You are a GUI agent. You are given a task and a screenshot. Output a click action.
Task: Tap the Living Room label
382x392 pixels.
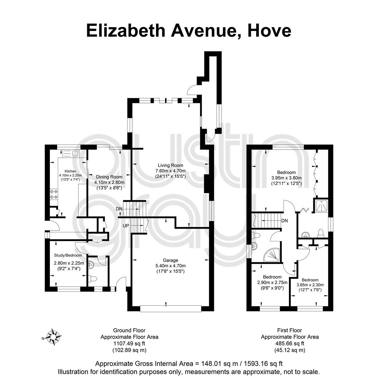click(170, 165)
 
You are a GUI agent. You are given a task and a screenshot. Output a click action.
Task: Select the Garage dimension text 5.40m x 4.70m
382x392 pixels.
click(170, 266)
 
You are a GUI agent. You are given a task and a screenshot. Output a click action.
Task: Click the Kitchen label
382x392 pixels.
click(71, 171)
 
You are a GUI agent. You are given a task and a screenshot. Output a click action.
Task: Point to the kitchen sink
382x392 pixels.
click(71, 153)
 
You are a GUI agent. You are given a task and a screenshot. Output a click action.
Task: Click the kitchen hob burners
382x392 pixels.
click(54, 194)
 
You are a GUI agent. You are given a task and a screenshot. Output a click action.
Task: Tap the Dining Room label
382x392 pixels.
click(109, 177)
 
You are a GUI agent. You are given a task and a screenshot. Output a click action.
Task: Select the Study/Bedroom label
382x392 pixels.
click(68, 255)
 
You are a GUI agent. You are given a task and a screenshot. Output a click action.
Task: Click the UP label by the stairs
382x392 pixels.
click(126, 226)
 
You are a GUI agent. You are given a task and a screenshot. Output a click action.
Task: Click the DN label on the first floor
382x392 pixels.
click(285, 221)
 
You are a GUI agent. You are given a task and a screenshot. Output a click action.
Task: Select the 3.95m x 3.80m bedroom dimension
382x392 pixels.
click(286, 178)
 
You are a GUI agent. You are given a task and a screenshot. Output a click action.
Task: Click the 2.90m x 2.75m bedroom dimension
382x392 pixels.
click(272, 282)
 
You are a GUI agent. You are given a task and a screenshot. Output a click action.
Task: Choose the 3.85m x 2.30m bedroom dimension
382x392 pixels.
click(310, 285)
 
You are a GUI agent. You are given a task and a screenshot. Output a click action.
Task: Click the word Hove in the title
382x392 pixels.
click(269, 30)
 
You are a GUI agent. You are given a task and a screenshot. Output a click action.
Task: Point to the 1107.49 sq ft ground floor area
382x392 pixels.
click(129, 343)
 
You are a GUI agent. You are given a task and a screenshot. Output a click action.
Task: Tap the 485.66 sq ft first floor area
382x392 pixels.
click(290, 343)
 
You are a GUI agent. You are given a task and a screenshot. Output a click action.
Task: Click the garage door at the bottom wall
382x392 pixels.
click(171, 309)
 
